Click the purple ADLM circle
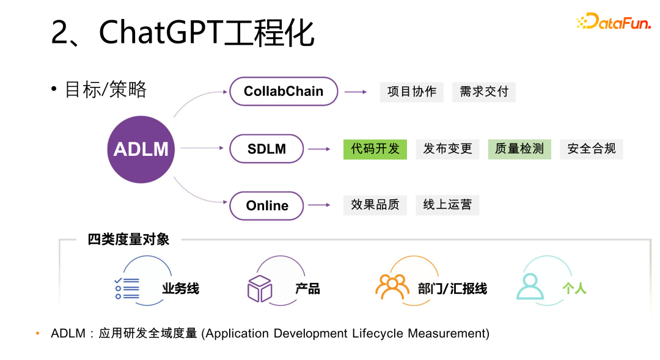pyautogui.click(x=141, y=149)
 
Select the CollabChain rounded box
pyautogui.click(x=284, y=91)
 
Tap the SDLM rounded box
pyautogui.click(x=266, y=149)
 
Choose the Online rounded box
pyautogui.click(x=266, y=206)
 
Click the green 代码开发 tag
pyautogui.click(x=375, y=149)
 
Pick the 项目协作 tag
pyautogui.click(x=412, y=92)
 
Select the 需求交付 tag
pyautogui.click(x=484, y=92)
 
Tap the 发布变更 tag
pyautogui.click(x=447, y=149)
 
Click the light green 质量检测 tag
pyautogui.click(x=519, y=149)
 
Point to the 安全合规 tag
pyautogui.click(x=592, y=149)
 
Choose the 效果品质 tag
pyautogui.click(x=375, y=205)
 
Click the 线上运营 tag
pyautogui.click(x=447, y=205)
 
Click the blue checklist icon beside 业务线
pyautogui.click(x=127, y=288)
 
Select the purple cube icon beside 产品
pyautogui.click(x=259, y=288)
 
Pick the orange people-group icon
pyautogui.click(x=392, y=286)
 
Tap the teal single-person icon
pyautogui.click(x=529, y=286)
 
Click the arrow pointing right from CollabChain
pyautogui.click(x=355, y=92)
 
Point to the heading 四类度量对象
pyautogui.click(x=128, y=240)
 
